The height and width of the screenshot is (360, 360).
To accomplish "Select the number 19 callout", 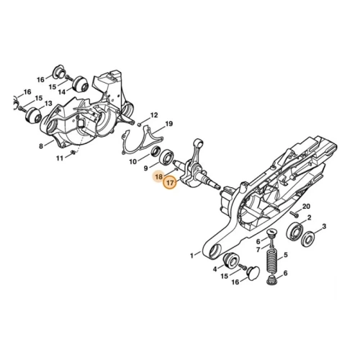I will [169, 124].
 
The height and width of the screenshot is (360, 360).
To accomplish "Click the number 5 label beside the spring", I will [286, 256].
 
